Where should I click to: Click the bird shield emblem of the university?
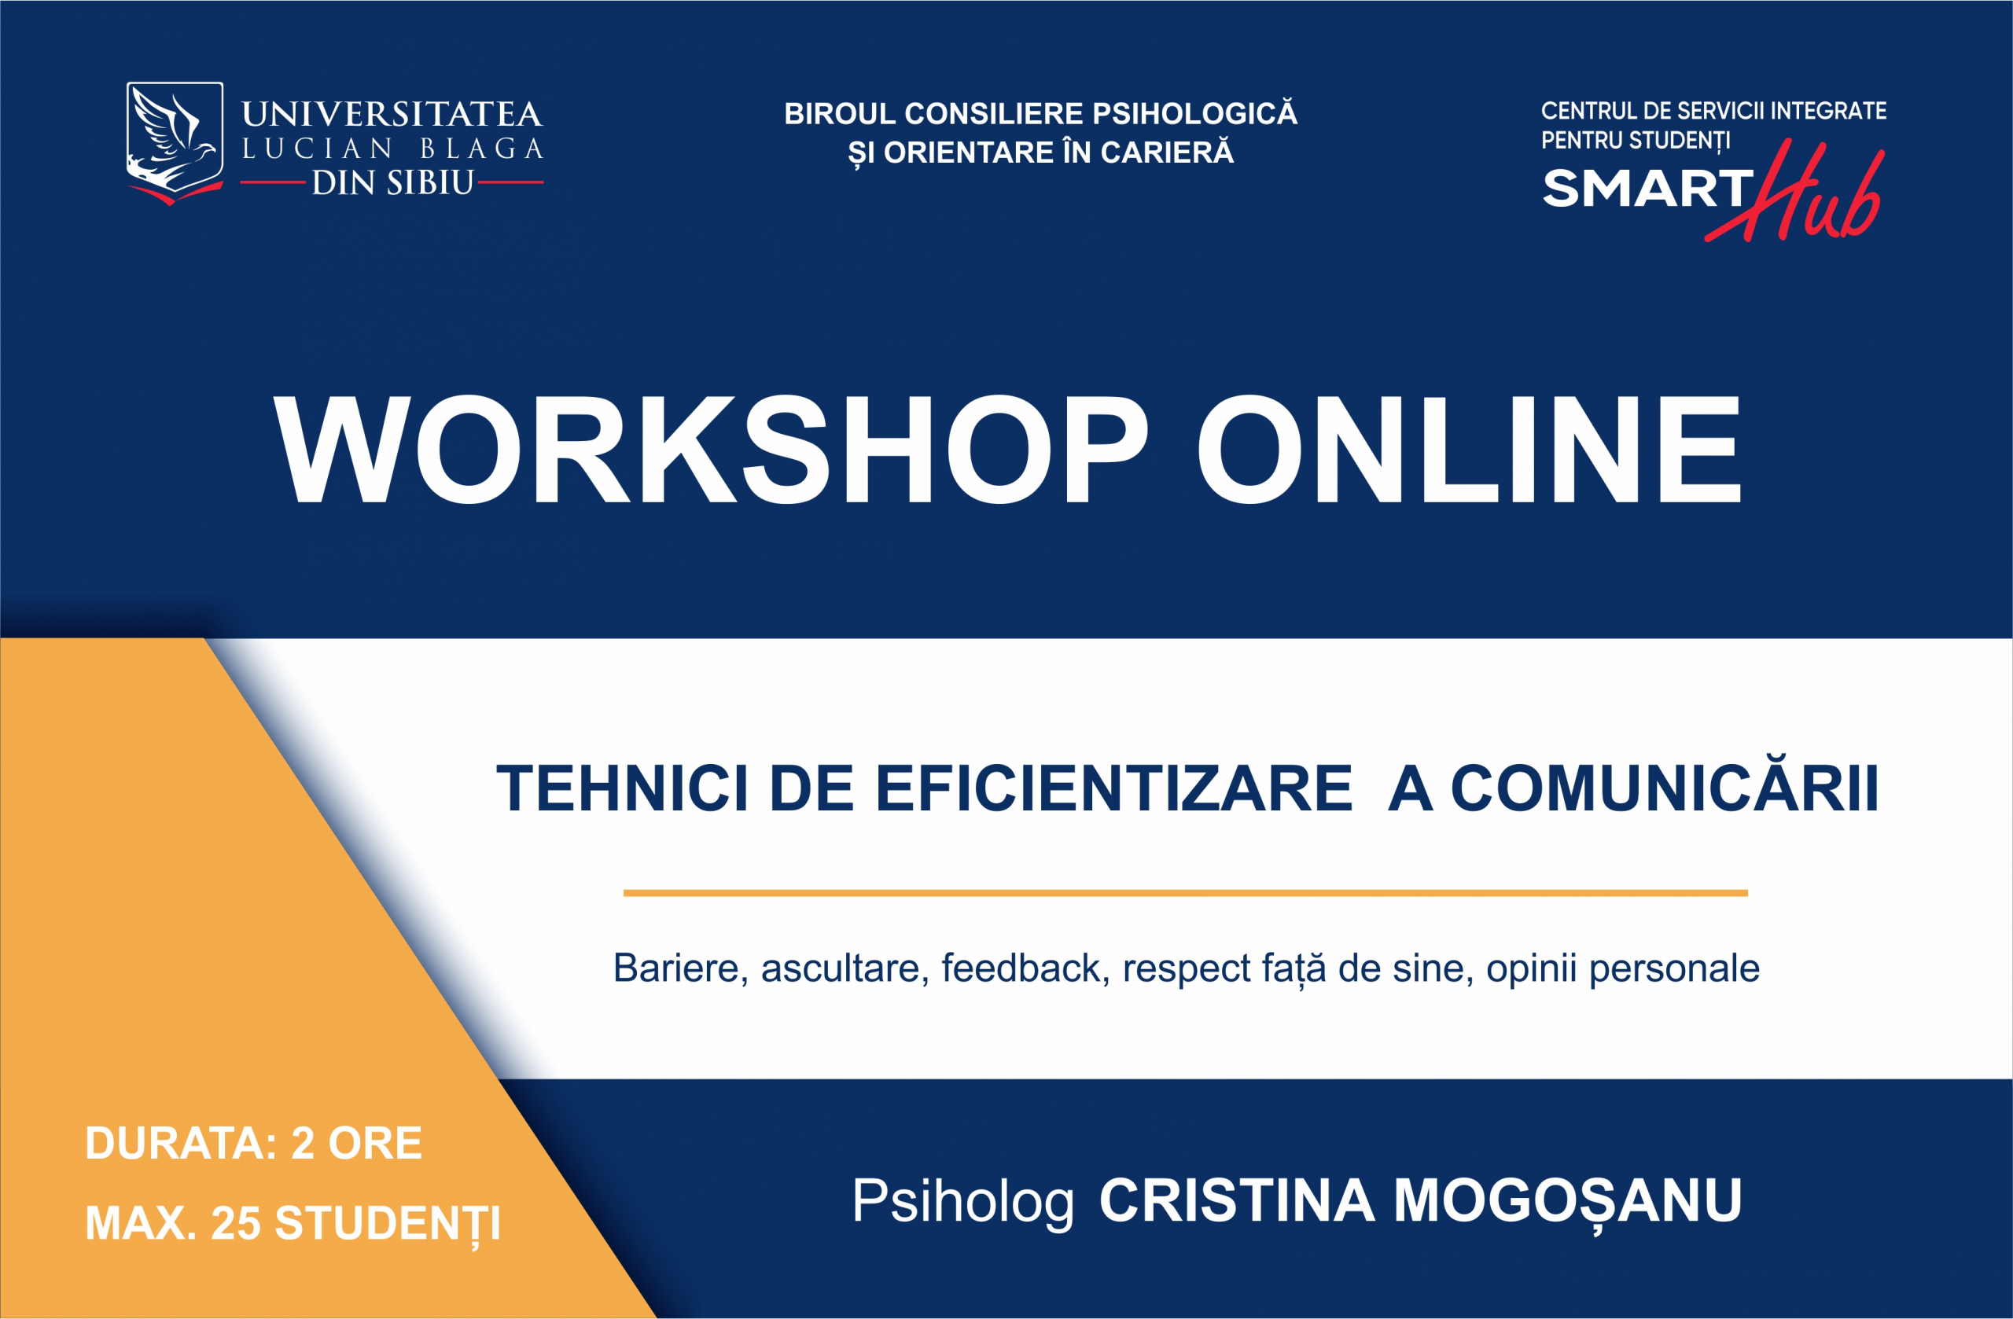[x=175, y=142]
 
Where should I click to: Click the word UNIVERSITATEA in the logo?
[x=392, y=114]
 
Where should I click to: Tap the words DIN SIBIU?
[x=392, y=182]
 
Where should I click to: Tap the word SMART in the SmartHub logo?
[x=1648, y=188]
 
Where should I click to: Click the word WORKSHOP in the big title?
[x=709, y=449]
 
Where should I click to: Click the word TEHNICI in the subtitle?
[x=622, y=788]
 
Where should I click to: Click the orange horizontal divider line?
[x=1186, y=893]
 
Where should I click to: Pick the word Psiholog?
[x=963, y=1201]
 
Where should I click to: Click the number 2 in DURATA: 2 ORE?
[x=303, y=1143]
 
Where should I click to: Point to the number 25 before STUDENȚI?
[x=235, y=1223]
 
